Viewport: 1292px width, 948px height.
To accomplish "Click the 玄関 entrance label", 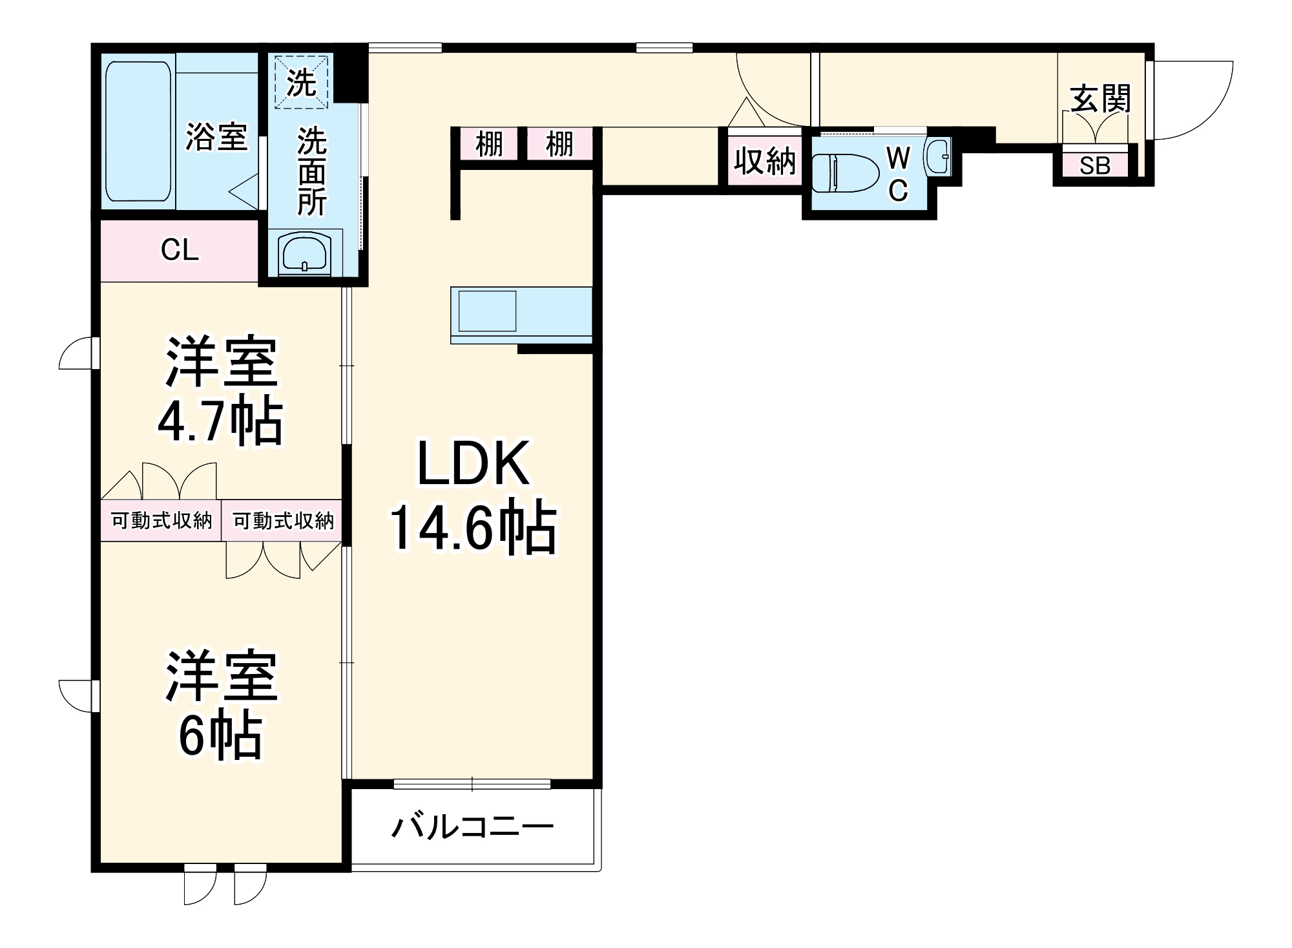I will [1101, 100].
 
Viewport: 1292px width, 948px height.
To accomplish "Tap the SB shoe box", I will [1094, 166].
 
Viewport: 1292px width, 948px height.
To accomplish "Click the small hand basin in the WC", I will [938, 156].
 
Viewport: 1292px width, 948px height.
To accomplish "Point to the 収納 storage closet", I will [764, 161].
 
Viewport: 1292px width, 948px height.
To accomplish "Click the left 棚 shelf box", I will [489, 144].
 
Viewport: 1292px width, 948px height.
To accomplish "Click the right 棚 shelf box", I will [559, 144].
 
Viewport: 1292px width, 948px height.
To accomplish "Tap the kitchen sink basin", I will [487, 311].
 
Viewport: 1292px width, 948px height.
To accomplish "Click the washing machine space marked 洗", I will [302, 83].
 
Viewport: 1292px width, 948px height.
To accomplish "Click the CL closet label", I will [180, 250].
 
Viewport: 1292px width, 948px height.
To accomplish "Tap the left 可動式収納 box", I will [161, 520].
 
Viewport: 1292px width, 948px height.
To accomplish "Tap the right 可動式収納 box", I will [282, 520].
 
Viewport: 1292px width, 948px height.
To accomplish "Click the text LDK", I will [474, 463].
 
